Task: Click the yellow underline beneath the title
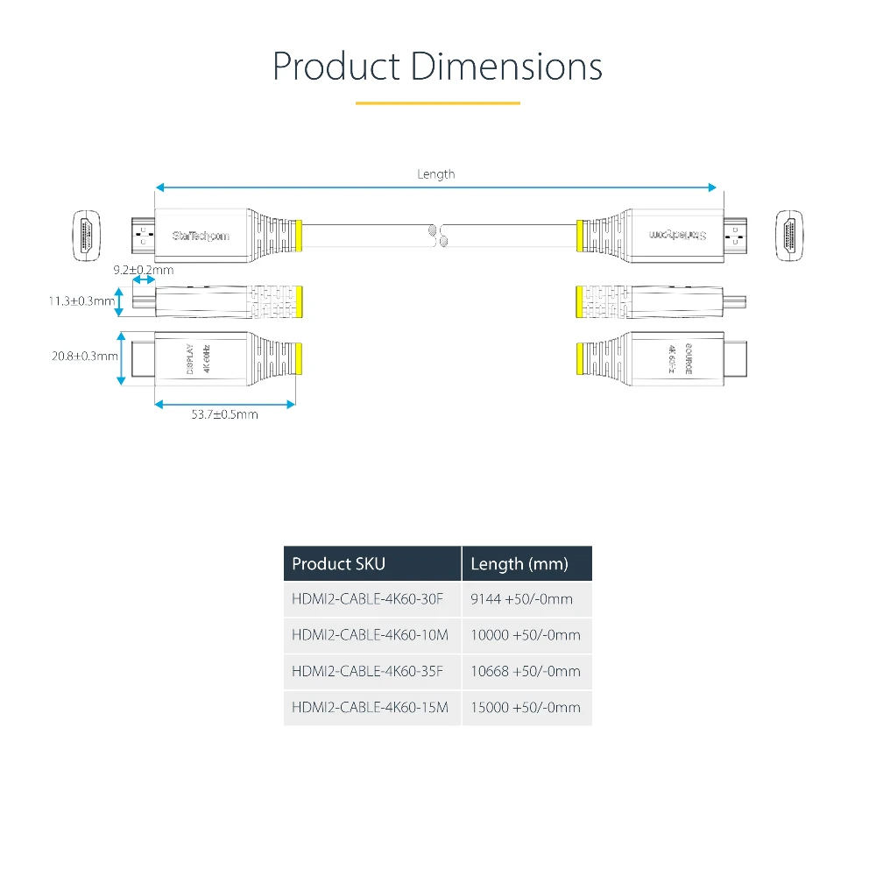click(x=437, y=103)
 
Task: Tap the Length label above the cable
click(x=435, y=174)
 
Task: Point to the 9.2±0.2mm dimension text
click(x=144, y=270)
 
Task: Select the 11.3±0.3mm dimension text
click(x=81, y=302)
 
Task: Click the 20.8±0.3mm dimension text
click(x=85, y=356)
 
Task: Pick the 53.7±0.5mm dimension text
click(x=225, y=414)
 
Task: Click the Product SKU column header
click(x=338, y=563)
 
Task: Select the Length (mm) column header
click(x=519, y=563)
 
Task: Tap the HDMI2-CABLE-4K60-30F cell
click(x=368, y=599)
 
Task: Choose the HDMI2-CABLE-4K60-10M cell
click(x=370, y=635)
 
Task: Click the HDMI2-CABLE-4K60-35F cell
click(x=368, y=671)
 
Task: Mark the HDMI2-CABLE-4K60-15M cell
click(x=370, y=707)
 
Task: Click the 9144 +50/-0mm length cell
click(x=521, y=599)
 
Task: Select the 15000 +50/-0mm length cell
click(x=525, y=707)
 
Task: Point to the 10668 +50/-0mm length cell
click(x=525, y=671)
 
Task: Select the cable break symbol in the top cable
click(x=436, y=234)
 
